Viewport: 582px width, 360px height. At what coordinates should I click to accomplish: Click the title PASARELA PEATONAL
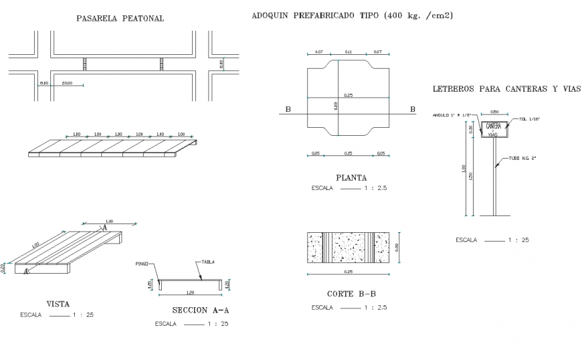click(x=120, y=19)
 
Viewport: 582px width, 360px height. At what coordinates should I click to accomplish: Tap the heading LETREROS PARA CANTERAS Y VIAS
click(x=506, y=88)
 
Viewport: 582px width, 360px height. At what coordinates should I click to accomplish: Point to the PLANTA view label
click(x=351, y=178)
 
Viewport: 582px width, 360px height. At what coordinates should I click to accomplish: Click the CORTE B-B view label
click(x=350, y=294)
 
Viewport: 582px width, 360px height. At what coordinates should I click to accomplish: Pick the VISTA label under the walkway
click(x=58, y=303)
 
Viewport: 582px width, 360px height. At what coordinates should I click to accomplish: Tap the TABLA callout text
click(x=208, y=262)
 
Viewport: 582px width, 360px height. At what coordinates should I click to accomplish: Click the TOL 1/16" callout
click(x=528, y=119)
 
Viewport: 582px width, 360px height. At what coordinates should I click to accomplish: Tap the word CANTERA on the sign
click(x=494, y=126)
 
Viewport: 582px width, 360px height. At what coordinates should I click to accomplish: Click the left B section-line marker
click(x=288, y=109)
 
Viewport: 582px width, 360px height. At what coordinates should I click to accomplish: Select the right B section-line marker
click(x=412, y=109)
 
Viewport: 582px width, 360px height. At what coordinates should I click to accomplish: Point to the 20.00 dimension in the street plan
click(x=68, y=83)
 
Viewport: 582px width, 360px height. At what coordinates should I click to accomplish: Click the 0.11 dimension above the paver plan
click(x=348, y=52)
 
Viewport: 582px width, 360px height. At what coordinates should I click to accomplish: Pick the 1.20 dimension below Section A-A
click(x=191, y=293)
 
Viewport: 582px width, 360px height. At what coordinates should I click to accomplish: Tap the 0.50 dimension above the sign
click(x=494, y=112)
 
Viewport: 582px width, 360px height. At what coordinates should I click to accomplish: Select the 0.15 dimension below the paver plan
click(x=348, y=153)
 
